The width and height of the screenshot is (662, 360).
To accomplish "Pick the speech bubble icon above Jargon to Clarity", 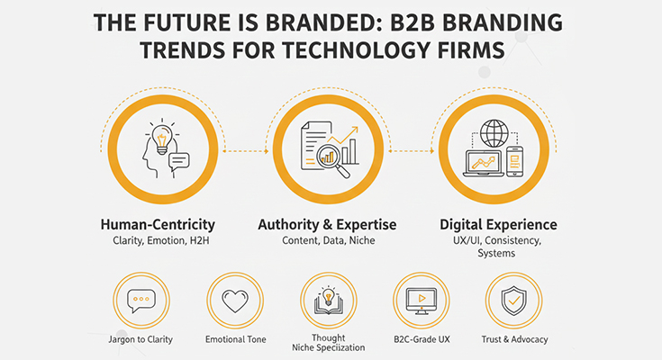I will (x=140, y=301).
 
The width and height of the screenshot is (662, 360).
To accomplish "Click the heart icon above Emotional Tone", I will (x=234, y=301).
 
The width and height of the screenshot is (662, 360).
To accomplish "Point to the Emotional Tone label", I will (x=234, y=339).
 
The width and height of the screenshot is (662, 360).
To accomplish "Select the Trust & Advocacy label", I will (x=514, y=339).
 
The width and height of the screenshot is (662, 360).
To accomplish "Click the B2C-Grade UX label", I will (x=421, y=339).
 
